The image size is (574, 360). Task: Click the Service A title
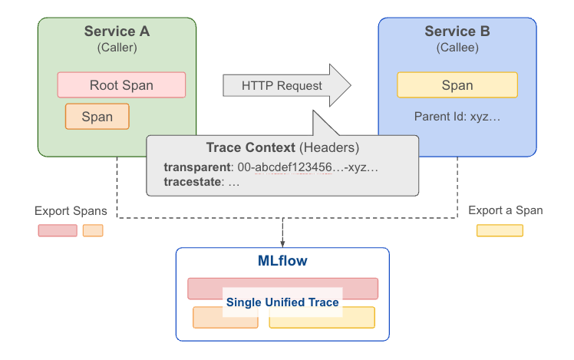coord(117,31)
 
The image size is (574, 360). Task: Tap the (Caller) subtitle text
coord(117,48)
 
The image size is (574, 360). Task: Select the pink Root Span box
coord(121,85)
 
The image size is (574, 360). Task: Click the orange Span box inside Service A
coord(97,117)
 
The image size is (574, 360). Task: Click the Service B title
coord(457,31)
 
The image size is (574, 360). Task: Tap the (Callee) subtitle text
coord(457,48)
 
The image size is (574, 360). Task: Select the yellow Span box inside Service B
coord(457,85)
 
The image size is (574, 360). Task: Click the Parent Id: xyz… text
coord(457,117)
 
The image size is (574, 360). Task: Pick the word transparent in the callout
coord(197,167)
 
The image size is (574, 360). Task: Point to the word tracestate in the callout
coord(191,182)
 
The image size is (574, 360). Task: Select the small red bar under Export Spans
coord(58,230)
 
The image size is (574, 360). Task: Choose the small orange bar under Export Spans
coord(93,230)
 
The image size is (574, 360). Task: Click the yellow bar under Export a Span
coord(500,230)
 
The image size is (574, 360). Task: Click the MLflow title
coord(282,261)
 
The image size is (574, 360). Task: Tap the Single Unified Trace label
coord(282,302)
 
